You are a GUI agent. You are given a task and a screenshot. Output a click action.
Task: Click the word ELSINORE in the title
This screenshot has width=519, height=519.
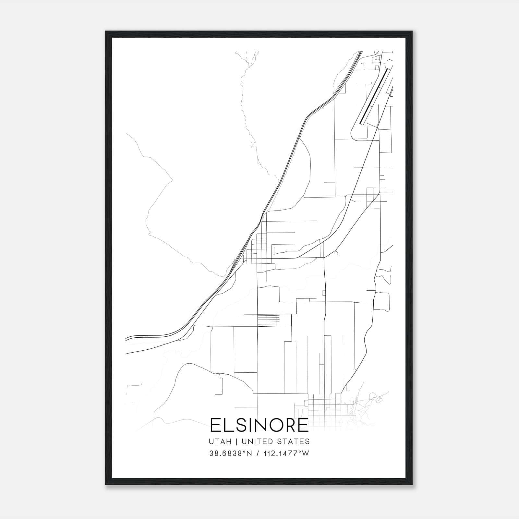pyautogui.click(x=259, y=425)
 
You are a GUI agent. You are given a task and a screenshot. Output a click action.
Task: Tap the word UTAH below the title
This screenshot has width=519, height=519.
pyautogui.click(x=220, y=441)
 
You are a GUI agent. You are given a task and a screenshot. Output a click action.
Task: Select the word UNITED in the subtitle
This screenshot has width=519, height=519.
pyautogui.click(x=251, y=441)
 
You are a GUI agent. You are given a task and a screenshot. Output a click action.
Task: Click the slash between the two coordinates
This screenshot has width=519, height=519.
pyautogui.click(x=258, y=453)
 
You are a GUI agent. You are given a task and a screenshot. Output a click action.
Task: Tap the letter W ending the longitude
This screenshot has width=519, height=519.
pyautogui.click(x=306, y=453)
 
